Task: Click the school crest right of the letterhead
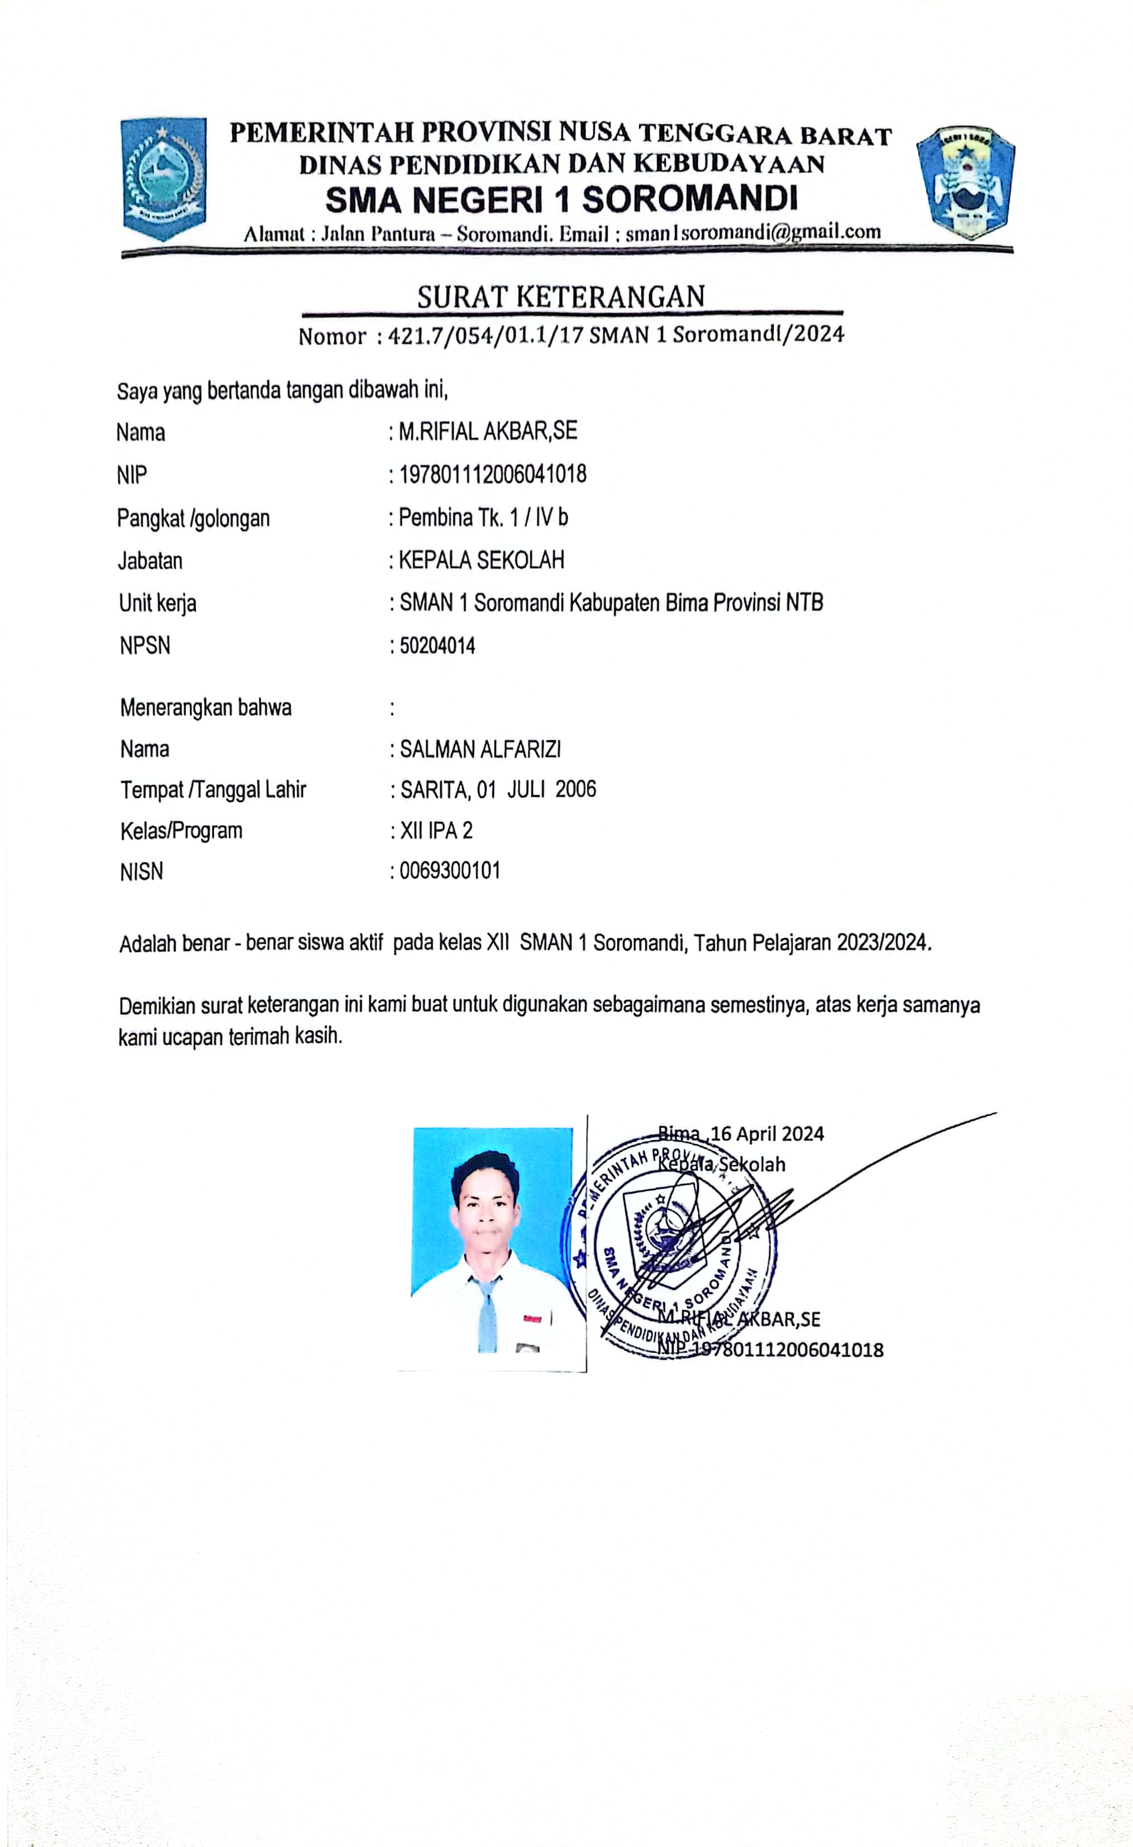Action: pos(966,182)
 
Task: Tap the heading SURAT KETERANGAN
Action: pos(561,297)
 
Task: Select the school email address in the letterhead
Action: pos(753,232)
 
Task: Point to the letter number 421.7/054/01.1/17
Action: pos(484,335)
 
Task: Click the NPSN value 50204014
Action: pos(437,645)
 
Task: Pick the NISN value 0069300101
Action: pos(449,871)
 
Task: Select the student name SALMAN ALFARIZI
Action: pos(480,749)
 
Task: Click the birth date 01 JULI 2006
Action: pos(536,789)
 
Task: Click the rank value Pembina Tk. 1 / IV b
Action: pos(483,517)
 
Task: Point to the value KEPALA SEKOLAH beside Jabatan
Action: pos(480,560)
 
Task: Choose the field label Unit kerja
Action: pos(158,602)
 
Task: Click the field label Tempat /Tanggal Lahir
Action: pos(213,789)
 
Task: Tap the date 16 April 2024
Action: pos(767,1133)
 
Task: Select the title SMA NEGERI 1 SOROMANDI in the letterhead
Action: pos(561,199)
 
